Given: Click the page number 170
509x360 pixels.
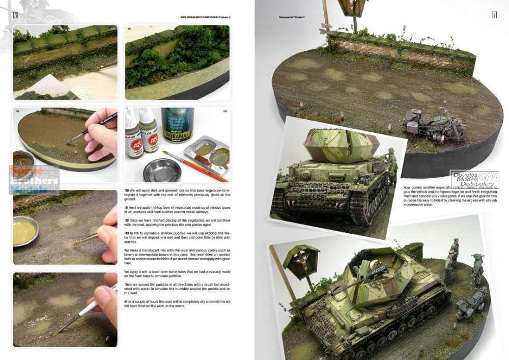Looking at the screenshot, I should pos(15,15).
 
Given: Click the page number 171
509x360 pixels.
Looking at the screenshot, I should pos(494,15).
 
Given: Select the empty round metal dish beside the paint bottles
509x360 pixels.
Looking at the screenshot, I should pos(162,170).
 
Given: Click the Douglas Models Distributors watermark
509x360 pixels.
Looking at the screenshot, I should pos(474,179).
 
